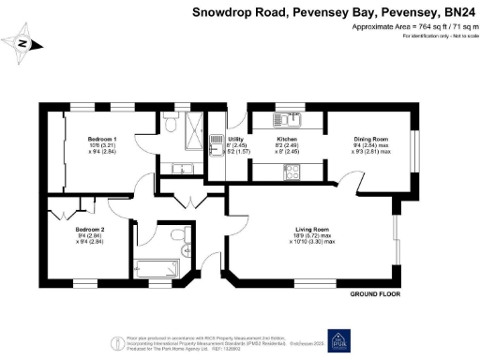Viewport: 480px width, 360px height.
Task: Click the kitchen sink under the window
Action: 286,119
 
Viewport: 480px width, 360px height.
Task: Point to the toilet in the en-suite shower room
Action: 169,123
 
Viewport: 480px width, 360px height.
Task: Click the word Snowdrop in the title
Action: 220,12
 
